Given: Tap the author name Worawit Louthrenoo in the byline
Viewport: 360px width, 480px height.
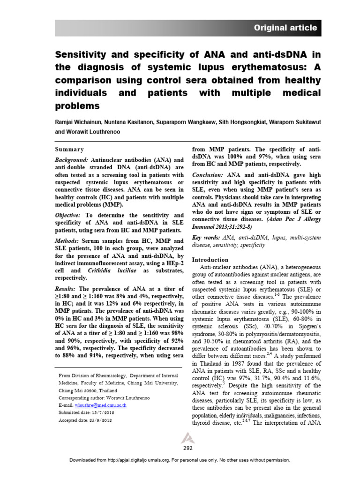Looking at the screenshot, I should [x=100, y=132].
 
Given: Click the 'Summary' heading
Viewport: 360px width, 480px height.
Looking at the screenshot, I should [x=69, y=150].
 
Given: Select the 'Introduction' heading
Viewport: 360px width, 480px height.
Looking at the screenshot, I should [x=210, y=259].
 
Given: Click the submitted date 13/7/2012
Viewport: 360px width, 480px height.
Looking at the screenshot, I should [x=102, y=412].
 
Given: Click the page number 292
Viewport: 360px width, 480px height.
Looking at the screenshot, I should [x=187, y=448].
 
